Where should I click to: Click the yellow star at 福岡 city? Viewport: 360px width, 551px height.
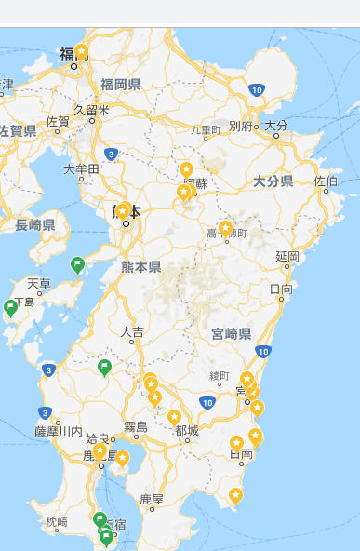(x=82, y=51)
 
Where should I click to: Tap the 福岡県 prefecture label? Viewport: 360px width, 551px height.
(x=120, y=85)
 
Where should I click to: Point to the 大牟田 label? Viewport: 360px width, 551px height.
(x=81, y=169)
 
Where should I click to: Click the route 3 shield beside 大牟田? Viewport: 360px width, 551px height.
(x=111, y=154)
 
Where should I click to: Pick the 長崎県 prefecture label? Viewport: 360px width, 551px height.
(x=35, y=224)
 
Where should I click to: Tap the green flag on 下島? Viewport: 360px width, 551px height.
(x=11, y=306)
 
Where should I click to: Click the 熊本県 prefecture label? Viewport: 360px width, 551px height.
(x=140, y=267)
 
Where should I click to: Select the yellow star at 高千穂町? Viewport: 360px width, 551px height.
(x=225, y=227)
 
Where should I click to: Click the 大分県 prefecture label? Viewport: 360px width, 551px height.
(x=273, y=181)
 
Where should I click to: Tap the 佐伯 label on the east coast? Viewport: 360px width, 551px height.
(x=327, y=181)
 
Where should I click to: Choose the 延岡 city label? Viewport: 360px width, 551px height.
(x=287, y=256)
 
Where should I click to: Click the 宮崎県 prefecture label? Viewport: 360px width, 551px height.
(x=231, y=332)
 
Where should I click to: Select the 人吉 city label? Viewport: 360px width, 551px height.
(x=132, y=331)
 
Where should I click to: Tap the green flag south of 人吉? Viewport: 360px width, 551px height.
(x=105, y=367)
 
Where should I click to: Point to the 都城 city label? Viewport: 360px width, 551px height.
(x=186, y=430)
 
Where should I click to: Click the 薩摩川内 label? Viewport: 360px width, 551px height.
(x=58, y=431)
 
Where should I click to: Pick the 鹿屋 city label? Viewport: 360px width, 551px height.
(x=151, y=500)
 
